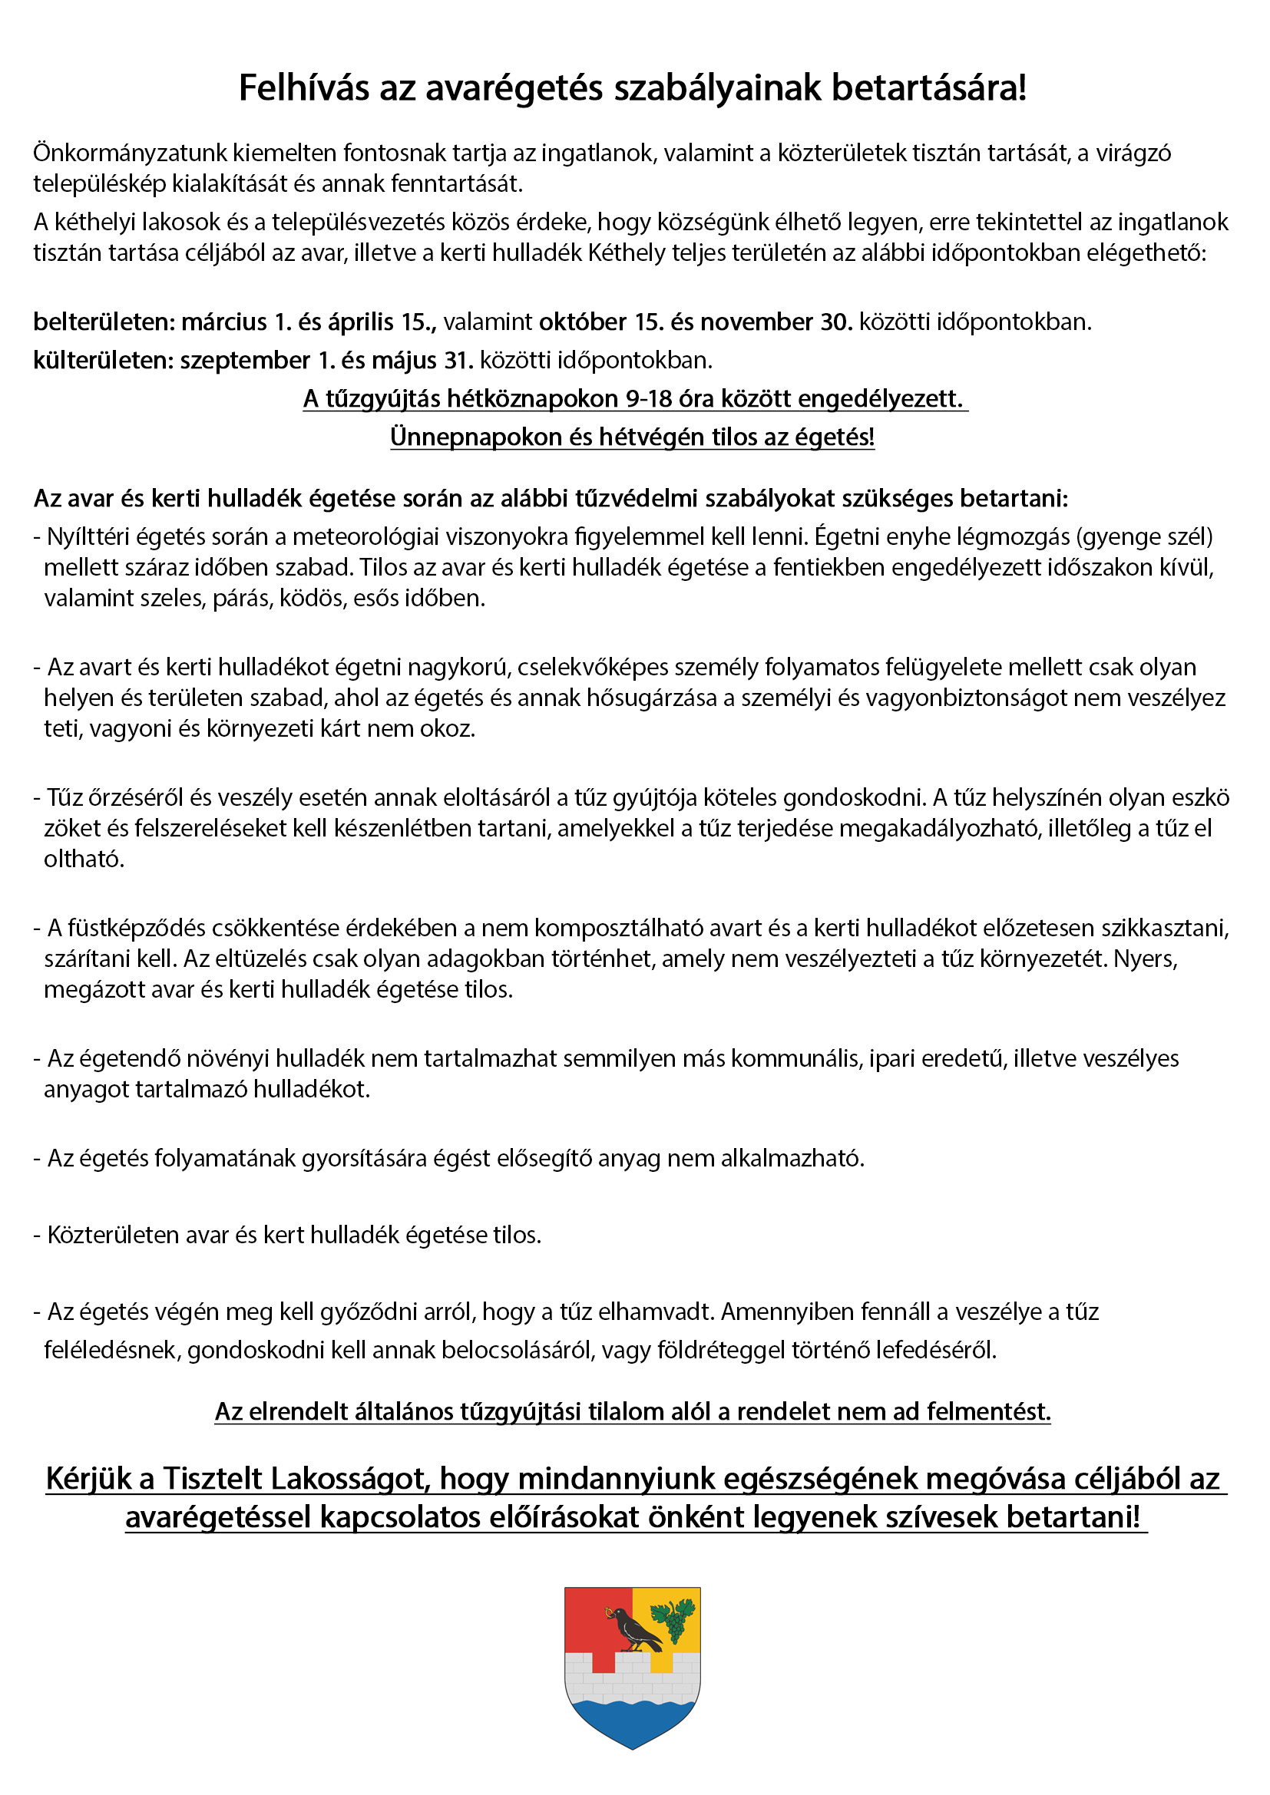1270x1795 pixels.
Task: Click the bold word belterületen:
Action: point(104,322)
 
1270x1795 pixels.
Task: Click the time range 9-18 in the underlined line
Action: point(648,399)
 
